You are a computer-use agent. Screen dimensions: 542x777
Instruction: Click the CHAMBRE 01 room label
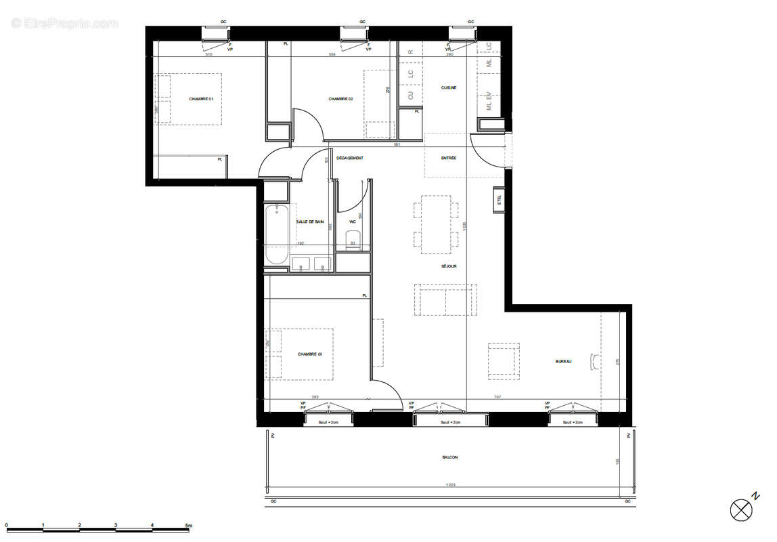pos(201,99)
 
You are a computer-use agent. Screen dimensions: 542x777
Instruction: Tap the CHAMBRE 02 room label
pos(340,99)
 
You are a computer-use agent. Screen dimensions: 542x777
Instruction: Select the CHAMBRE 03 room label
pos(310,354)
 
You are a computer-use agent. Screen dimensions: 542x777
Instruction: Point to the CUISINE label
pos(449,87)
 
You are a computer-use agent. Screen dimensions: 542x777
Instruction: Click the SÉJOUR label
pos(449,266)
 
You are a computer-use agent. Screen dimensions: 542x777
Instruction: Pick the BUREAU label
pos(563,362)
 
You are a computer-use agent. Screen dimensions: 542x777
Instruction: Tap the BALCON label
pos(450,457)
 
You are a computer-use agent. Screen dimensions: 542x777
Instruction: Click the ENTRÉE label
pos(449,158)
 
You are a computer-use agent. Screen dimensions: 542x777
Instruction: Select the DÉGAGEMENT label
pos(350,158)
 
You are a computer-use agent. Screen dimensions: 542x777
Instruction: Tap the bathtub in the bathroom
pos(276,234)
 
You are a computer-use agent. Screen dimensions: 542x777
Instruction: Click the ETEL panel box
pos(500,200)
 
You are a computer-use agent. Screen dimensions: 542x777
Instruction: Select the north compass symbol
pos(742,509)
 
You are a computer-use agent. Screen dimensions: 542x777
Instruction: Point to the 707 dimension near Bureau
pos(497,398)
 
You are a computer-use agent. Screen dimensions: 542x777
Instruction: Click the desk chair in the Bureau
pos(594,362)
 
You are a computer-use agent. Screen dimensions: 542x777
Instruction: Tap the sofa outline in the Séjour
pos(445,299)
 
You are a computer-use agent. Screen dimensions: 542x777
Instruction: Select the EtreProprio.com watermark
pos(64,23)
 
